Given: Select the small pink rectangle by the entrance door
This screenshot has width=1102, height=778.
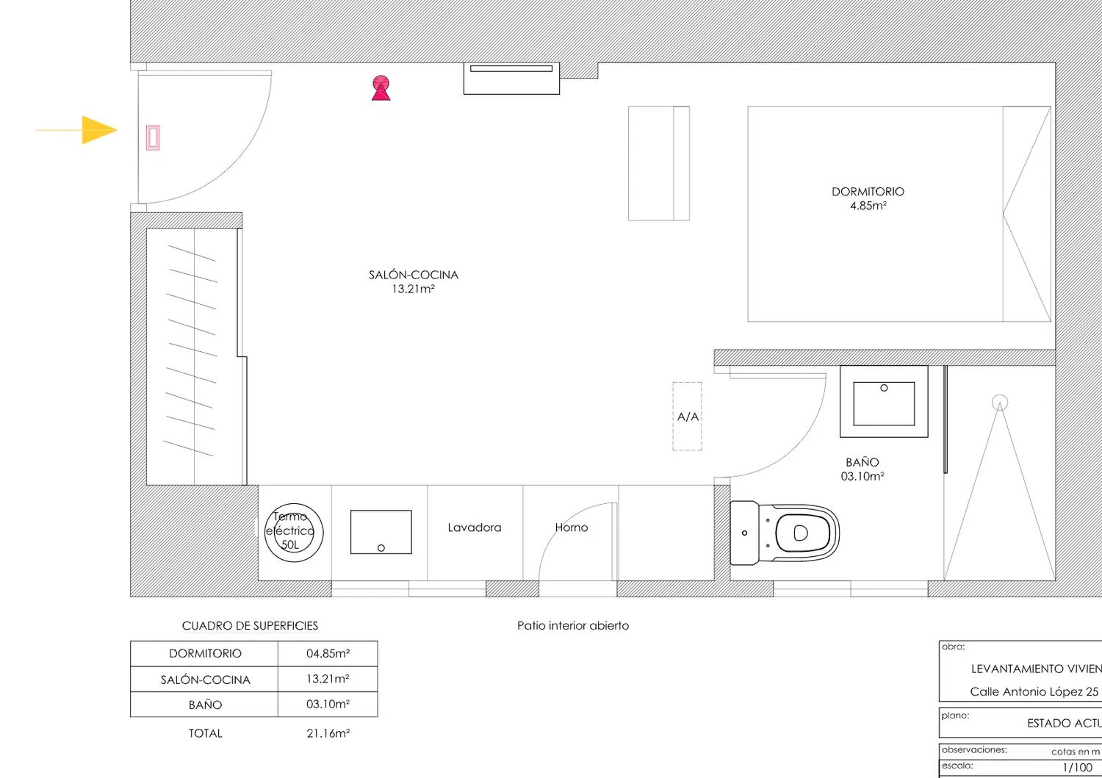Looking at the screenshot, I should click(153, 137).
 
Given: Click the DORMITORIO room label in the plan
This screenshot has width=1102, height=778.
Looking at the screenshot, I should click(868, 192).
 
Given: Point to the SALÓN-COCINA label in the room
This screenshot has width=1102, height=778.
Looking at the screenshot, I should click(413, 275).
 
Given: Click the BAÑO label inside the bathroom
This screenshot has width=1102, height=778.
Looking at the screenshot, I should click(862, 463).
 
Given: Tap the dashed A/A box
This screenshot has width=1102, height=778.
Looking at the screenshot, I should click(688, 417).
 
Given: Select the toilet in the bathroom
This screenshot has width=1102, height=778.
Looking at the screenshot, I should click(786, 533).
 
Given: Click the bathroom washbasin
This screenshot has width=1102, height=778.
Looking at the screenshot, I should click(884, 403).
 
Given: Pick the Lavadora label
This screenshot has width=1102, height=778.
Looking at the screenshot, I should click(475, 527).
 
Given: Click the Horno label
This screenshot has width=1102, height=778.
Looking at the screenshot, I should click(572, 527).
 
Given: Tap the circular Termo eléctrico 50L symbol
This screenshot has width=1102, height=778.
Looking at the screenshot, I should click(293, 533).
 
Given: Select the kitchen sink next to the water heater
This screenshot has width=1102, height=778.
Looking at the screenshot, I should click(381, 532).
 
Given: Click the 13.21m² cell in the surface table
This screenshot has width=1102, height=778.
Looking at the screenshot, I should click(328, 679).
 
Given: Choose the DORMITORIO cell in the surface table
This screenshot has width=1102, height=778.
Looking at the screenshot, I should click(205, 654).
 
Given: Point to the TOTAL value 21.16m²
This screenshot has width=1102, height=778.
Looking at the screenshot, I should click(328, 733).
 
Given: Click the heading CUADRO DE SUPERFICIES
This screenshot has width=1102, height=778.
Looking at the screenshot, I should click(250, 626).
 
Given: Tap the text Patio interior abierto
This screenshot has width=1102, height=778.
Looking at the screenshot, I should click(573, 626).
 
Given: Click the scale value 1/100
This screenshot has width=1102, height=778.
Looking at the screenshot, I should click(1078, 767).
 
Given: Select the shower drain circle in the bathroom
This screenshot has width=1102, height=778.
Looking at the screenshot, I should click(999, 403).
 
